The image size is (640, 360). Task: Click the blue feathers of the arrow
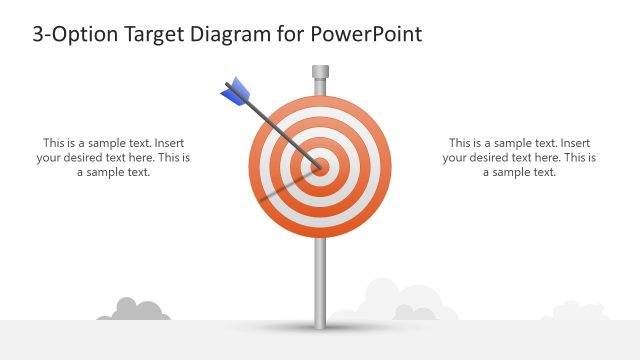pos(236,92)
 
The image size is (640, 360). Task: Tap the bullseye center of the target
pos(320,167)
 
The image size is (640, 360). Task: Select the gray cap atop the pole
pos(320,72)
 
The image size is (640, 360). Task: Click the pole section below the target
pos(320,280)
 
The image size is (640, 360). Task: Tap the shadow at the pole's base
pos(320,327)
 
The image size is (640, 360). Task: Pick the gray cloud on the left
pos(130,310)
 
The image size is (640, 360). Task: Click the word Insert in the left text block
pos(168,142)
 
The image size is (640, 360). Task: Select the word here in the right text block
pos(546,157)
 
